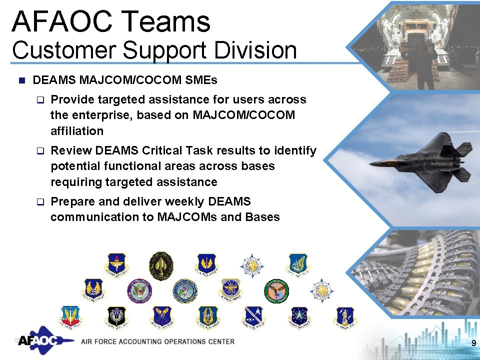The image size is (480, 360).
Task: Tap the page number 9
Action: (473, 343)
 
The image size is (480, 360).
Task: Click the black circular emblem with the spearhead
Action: (161, 265)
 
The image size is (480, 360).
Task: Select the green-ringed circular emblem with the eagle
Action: (276, 291)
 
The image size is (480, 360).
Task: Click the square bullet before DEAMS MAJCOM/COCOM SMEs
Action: (21, 80)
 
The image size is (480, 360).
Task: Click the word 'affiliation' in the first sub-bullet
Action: (77, 131)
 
